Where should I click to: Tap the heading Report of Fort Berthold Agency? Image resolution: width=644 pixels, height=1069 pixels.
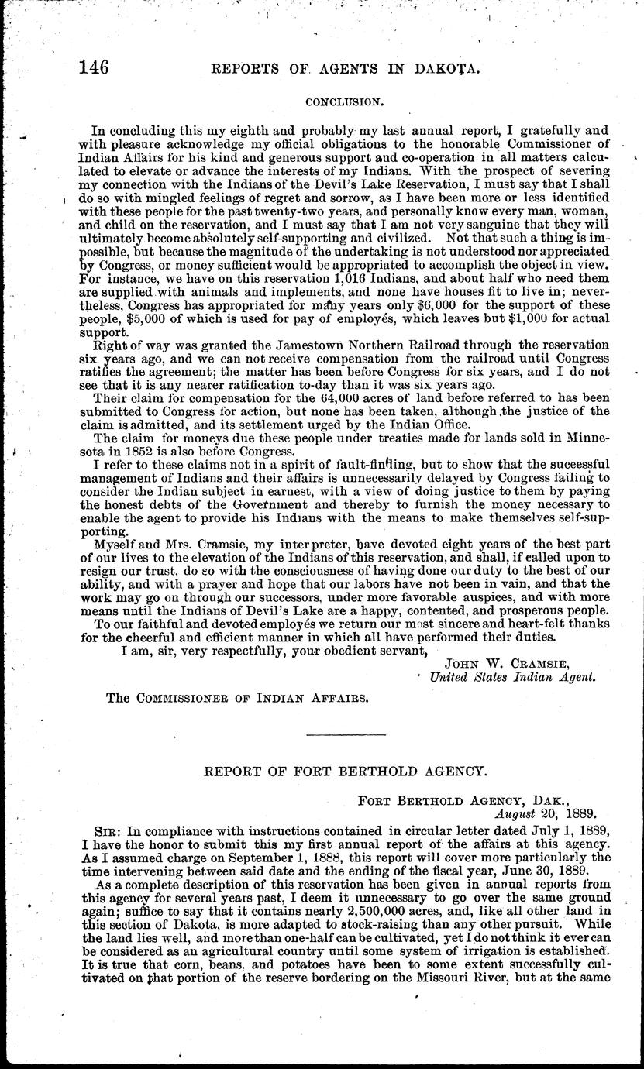pyautogui.click(x=345, y=772)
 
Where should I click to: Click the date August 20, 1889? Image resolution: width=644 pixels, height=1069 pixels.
pyautogui.click(x=546, y=814)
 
